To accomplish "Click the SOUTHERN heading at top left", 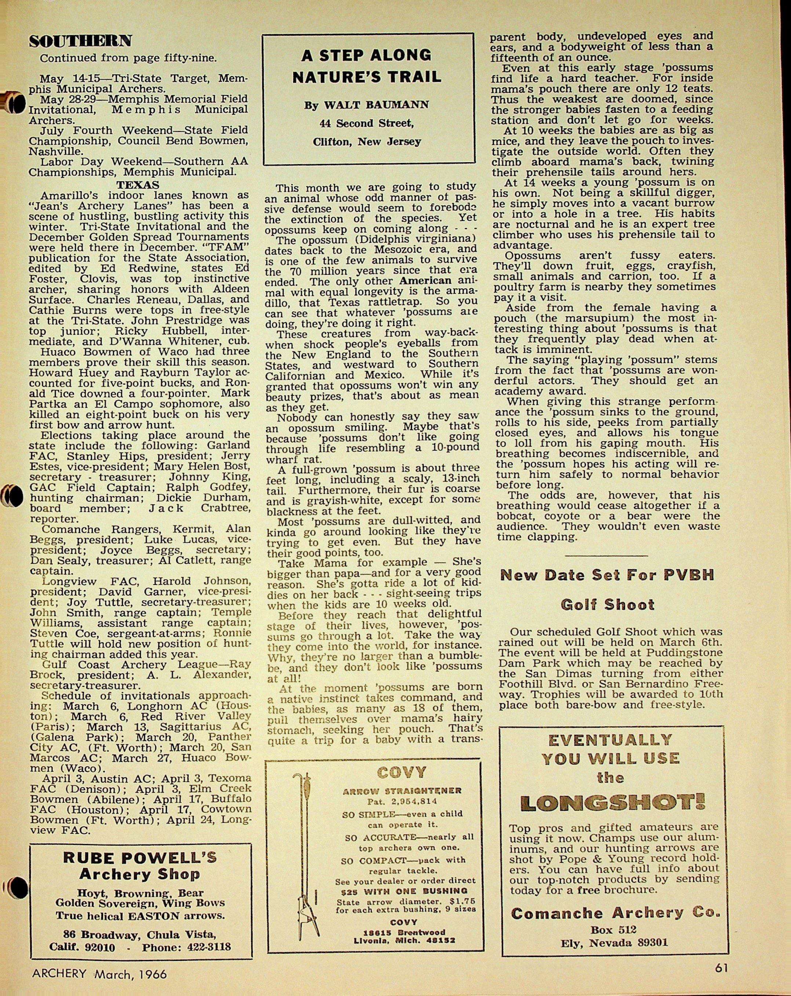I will pyautogui.click(x=80, y=41).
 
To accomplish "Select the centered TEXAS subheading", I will pyautogui.click(x=138, y=185).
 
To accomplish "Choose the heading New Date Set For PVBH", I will pyautogui.click(x=607, y=575).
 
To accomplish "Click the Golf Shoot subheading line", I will pyautogui.click(x=607, y=604).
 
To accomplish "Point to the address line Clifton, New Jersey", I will pyautogui.click(x=367, y=141).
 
